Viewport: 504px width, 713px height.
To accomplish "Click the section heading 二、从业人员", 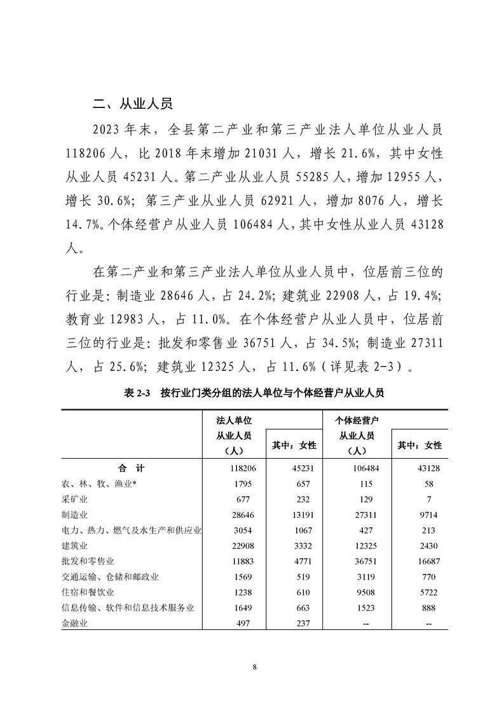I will click(132, 104).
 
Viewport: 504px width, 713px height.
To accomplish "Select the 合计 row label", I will click(132, 468).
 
